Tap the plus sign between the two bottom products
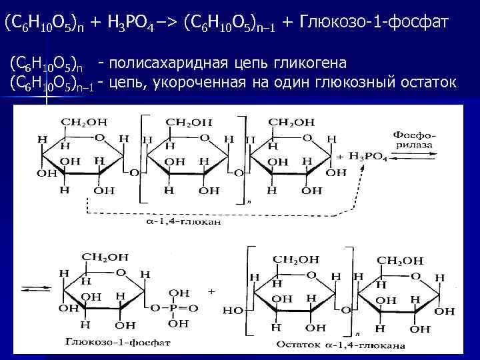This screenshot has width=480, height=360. point(211,291)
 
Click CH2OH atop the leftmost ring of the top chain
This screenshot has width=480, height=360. point(83,122)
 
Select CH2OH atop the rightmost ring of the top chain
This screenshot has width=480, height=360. point(291,122)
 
